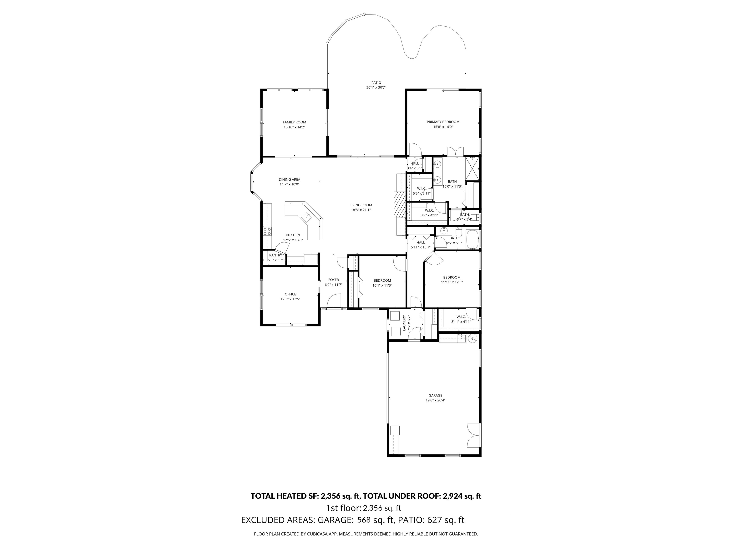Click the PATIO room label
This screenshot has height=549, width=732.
tap(376, 83)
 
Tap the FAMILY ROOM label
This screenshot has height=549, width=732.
tap(294, 122)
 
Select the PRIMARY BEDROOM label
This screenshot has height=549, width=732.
tap(443, 122)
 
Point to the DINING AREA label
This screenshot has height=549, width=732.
tap(289, 180)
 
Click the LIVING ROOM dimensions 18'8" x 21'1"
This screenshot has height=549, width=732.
tap(361, 210)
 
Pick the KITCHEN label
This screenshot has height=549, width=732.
tap(293, 235)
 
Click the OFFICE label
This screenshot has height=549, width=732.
tap(290, 294)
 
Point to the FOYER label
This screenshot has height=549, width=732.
tap(333, 280)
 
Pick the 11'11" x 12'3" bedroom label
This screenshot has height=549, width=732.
tap(452, 278)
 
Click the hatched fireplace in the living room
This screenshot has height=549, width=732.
tap(399, 204)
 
